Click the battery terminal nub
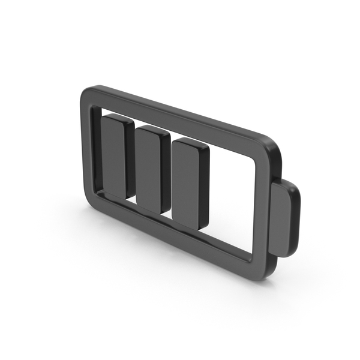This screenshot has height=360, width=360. pos(283,220)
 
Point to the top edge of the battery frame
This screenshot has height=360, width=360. pos(180,115)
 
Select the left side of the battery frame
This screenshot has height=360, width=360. pos(86,150)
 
